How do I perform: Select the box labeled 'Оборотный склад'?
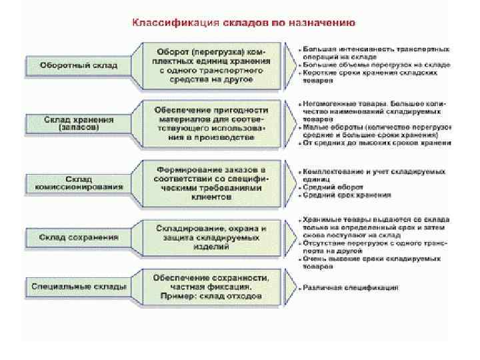coord(79,65)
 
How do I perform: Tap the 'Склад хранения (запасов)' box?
coord(79,123)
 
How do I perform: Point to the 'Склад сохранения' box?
coord(79,237)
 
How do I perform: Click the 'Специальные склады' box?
coord(79,287)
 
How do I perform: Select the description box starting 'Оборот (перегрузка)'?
coord(211,65)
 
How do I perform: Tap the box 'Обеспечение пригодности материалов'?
coord(211,123)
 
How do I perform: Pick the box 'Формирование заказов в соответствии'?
coord(211,180)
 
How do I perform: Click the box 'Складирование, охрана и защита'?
coord(211,237)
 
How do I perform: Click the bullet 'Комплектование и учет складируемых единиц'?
coord(373,175)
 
